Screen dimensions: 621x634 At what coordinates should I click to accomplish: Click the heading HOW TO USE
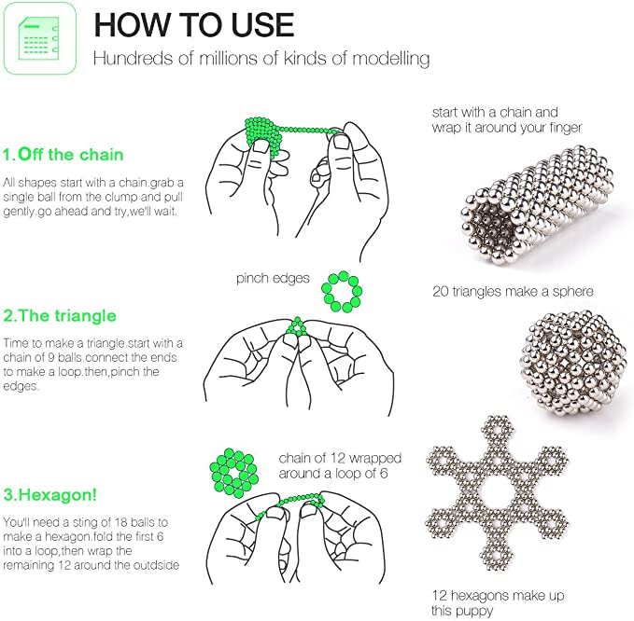tap(194, 25)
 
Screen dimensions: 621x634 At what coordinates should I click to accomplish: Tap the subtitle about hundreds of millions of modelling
tap(261, 60)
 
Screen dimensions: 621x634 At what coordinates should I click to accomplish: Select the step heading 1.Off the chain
tap(63, 155)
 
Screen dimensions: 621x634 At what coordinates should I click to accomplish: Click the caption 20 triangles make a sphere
tap(512, 292)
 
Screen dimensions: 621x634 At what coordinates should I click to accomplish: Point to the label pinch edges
tap(273, 279)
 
